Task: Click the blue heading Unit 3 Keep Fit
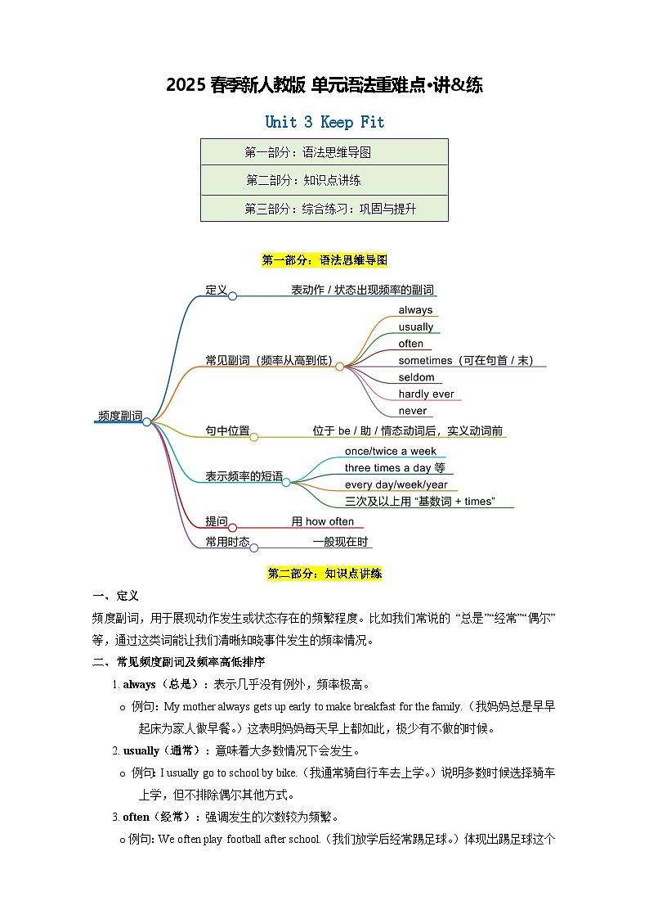[324, 122]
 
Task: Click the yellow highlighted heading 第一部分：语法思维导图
[324, 260]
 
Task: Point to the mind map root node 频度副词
[119, 416]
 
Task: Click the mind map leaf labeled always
[415, 310]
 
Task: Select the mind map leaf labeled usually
[415, 327]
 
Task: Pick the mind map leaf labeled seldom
[416, 377]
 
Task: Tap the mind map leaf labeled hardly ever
[426, 394]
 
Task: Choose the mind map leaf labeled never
[413, 411]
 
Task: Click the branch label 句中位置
[227, 430]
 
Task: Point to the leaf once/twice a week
[391, 451]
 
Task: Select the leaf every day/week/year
[395, 484]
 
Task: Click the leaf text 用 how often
[323, 521]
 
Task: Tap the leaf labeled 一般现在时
[340, 542]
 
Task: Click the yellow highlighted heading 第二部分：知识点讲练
[324, 574]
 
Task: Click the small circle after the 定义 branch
[232, 295]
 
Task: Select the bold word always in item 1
[139, 684]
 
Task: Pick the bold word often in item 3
[136, 817]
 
